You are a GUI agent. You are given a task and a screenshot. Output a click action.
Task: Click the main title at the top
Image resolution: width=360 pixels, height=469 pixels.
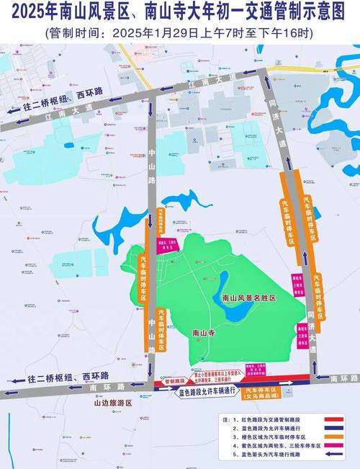(180, 12)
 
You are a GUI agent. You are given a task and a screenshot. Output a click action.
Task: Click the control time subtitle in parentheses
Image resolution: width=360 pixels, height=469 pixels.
(180, 32)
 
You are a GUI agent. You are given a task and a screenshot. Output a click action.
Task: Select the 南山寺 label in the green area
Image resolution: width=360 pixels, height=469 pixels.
(206, 333)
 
